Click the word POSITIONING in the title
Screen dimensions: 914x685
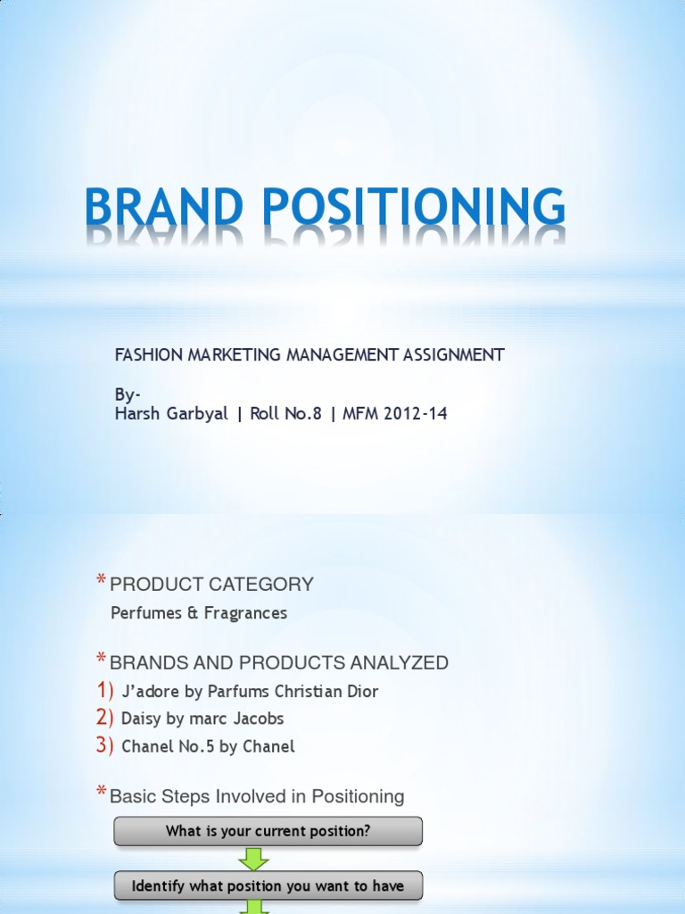pyautogui.click(x=411, y=207)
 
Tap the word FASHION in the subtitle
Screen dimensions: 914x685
pyautogui.click(x=148, y=354)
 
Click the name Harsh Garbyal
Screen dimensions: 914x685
pyautogui.click(x=171, y=413)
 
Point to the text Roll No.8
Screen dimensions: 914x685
pyautogui.click(x=281, y=413)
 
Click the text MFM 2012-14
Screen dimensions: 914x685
pyautogui.click(x=390, y=413)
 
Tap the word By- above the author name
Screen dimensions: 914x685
pyautogui.click(x=128, y=395)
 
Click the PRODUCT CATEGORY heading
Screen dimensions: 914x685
pyautogui.click(x=211, y=585)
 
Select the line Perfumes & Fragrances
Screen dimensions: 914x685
pyautogui.click(x=199, y=613)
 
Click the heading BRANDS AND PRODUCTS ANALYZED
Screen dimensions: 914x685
pyautogui.click(x=278, y=662)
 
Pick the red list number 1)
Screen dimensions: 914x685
pyautogui.click(x=105, y=691)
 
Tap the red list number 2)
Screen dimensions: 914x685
pyautogui.click(x=105, y=718)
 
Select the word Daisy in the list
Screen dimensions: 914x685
pyautogui.click(x=141, y=719)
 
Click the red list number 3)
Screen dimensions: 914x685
pyautogui.click(x=105, y=746)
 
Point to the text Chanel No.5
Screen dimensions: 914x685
pyautogui.click(x=169, y=747)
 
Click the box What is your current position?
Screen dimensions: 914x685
pyautogui.click(x=268, y=831)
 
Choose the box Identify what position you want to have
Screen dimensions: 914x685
pyautogui.click(x=268, y=886)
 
